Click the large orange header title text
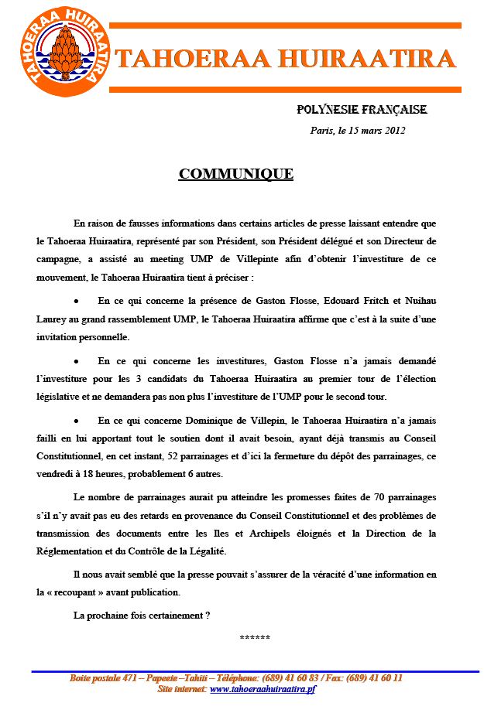(x=284, y=59)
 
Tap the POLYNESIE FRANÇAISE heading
(x=362, y=111)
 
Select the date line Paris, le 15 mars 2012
(x=358, y=131)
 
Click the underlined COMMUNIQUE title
(x=235, y=174)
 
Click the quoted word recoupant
(x=84, y=593)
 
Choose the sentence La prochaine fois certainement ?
(x=142, y=615)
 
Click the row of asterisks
(x=255, y=638)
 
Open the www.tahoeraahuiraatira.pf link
(x=263, y=688)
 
